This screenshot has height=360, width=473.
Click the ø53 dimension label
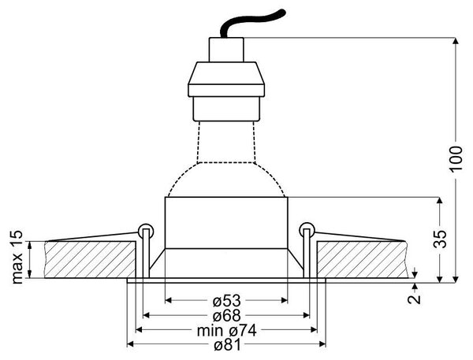click(x=226, y=301)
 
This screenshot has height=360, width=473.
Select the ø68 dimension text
click(x=226, y=316)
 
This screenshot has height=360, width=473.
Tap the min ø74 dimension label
click(x=226, y=330)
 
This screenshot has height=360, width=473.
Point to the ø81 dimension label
click(x=228, y=345)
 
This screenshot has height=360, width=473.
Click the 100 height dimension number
click(x=456, y=159)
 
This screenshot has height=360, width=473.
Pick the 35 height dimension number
click(x=440, y=239)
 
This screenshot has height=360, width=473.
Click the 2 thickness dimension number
click(x=415, y=299)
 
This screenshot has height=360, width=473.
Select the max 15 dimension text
click(x=17, y=257)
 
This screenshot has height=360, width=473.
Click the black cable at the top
click(x=253, y=22)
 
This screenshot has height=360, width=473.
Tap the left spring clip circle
click(x=146, y=231)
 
